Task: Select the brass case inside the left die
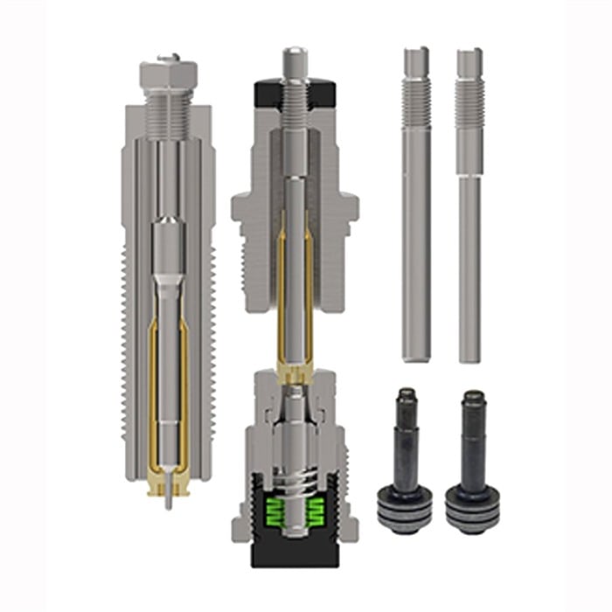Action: [154, 393]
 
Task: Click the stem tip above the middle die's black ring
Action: [293, 59]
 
